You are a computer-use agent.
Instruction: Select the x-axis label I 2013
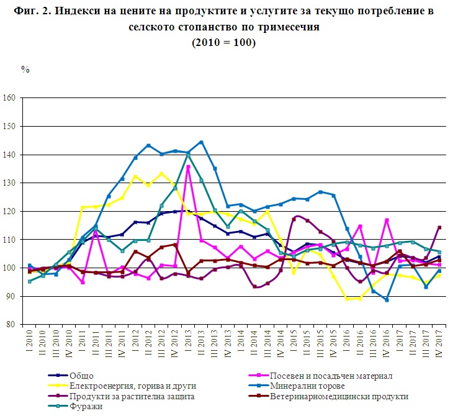coord(187,341)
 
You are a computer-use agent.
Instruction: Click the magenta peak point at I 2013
coord(187,166)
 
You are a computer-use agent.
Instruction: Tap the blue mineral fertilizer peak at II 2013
coord(201,142)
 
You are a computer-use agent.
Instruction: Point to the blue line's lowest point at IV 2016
coord(387,300)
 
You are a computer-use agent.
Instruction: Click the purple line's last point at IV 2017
coord(439,227)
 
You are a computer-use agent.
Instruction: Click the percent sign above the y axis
coord(25,69)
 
